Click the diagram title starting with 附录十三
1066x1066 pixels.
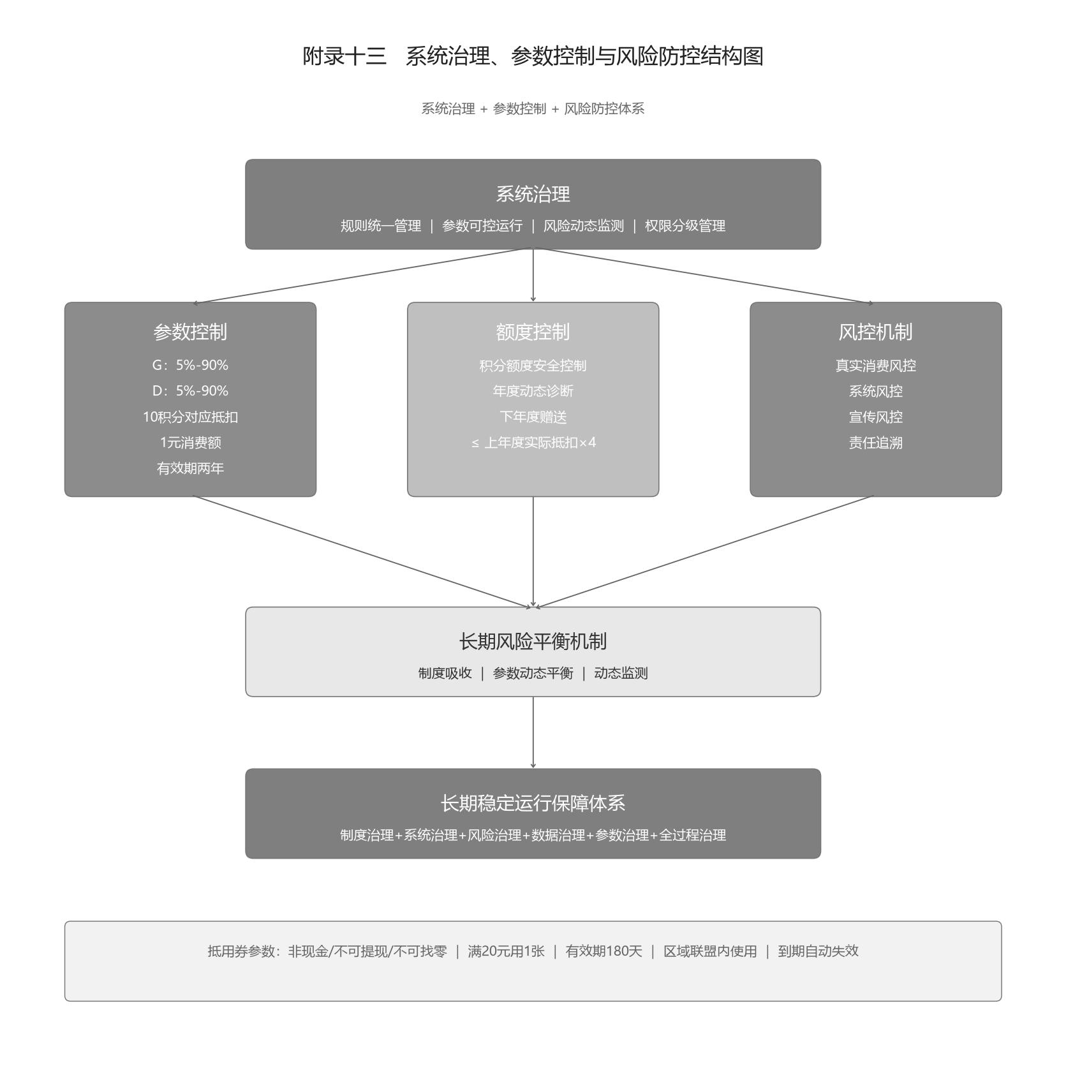533,56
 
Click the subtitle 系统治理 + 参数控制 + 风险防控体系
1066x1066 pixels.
533,108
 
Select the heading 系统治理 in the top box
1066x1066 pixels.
533,194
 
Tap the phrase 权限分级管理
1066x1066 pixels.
685,226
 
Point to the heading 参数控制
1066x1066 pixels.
190,332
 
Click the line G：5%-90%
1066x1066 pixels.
190,365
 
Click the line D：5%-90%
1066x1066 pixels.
190,390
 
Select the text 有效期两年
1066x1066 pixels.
190,468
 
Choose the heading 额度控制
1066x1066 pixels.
533,332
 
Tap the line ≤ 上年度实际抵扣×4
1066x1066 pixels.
533,442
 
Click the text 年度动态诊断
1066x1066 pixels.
533,390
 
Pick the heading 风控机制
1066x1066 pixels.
875,332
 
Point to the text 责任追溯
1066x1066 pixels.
875,443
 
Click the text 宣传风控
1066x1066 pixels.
875,417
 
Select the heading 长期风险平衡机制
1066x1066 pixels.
533,641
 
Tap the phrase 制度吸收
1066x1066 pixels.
445,673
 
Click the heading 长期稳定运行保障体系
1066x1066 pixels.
533,803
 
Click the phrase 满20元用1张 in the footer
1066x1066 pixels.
506,951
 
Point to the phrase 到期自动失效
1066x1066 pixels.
818,951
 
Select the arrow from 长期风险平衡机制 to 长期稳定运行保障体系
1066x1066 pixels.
533,732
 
